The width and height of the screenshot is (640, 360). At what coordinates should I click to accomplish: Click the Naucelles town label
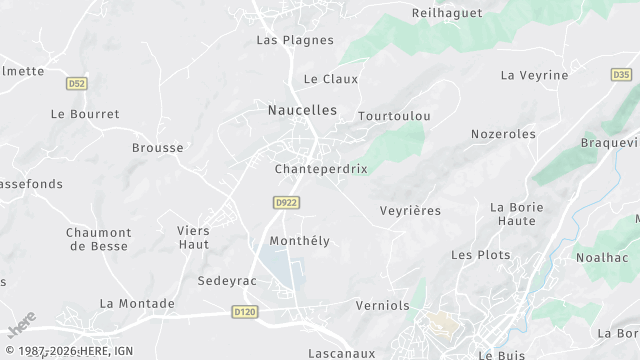point(302,110)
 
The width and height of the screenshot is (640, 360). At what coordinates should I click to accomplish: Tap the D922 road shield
point(287,202)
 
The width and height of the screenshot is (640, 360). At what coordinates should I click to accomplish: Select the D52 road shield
point(77,83)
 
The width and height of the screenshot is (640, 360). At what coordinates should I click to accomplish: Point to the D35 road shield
point(621,74)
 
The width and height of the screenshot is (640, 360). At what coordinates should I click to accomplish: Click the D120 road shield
point(244,313)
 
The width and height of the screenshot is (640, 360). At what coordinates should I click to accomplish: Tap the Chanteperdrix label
point(321,169)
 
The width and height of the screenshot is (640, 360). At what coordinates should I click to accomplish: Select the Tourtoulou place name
point(394,116)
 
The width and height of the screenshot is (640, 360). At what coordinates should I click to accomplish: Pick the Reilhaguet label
point(447,13)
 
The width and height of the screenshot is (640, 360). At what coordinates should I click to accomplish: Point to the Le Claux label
point(331,78)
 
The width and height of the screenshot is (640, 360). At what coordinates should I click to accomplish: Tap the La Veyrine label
point(534,75)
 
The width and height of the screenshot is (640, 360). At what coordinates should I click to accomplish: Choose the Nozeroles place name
point(503,133)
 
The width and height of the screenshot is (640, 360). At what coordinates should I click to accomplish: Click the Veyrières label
point(410,210)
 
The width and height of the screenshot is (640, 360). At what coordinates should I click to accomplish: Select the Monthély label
point(299,241)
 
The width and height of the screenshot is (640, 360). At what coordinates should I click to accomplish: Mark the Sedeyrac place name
point(227,281)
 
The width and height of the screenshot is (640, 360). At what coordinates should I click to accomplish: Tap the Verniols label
point(383,305)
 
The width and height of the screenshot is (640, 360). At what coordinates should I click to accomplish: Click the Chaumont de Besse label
point(99,239)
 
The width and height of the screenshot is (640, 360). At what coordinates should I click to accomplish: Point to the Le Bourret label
point(85,114)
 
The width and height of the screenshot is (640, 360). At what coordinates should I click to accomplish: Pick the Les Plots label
point(481,255)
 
